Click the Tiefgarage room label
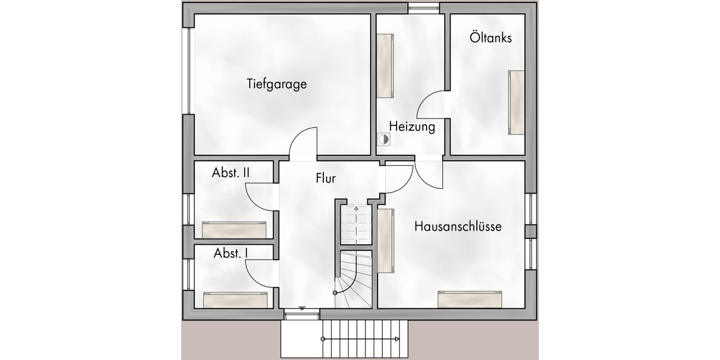(277, 84)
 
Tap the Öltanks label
(491, 38)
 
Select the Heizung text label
(412, 127)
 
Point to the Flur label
(326, 178)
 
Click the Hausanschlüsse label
(458, 227)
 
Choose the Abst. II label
(231, 173)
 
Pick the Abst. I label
(231, 253)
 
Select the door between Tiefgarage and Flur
(304, 146)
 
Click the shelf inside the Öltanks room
(517, 103)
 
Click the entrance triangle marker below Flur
(302, 308)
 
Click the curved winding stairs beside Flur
(355, 278)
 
